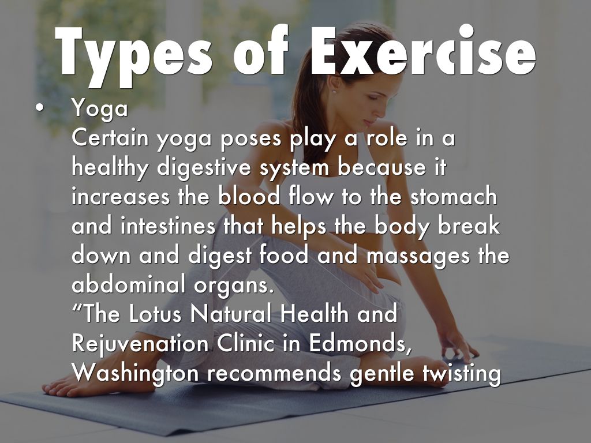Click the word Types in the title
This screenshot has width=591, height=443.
(133, 55)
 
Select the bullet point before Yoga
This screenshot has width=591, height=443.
(39, 108)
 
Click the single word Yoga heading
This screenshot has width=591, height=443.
(100, 109)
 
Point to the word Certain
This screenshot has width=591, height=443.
(110, 138)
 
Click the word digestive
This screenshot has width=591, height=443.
(204, 168)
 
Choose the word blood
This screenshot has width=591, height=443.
(249, 196)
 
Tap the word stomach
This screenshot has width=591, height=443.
(454, 196)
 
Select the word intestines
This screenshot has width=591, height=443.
(168, 226)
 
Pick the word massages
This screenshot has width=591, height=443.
(418, 256)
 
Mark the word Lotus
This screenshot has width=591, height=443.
(155, 313)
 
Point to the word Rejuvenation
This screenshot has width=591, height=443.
(140, 344)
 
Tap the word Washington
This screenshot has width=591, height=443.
(135, 374)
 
